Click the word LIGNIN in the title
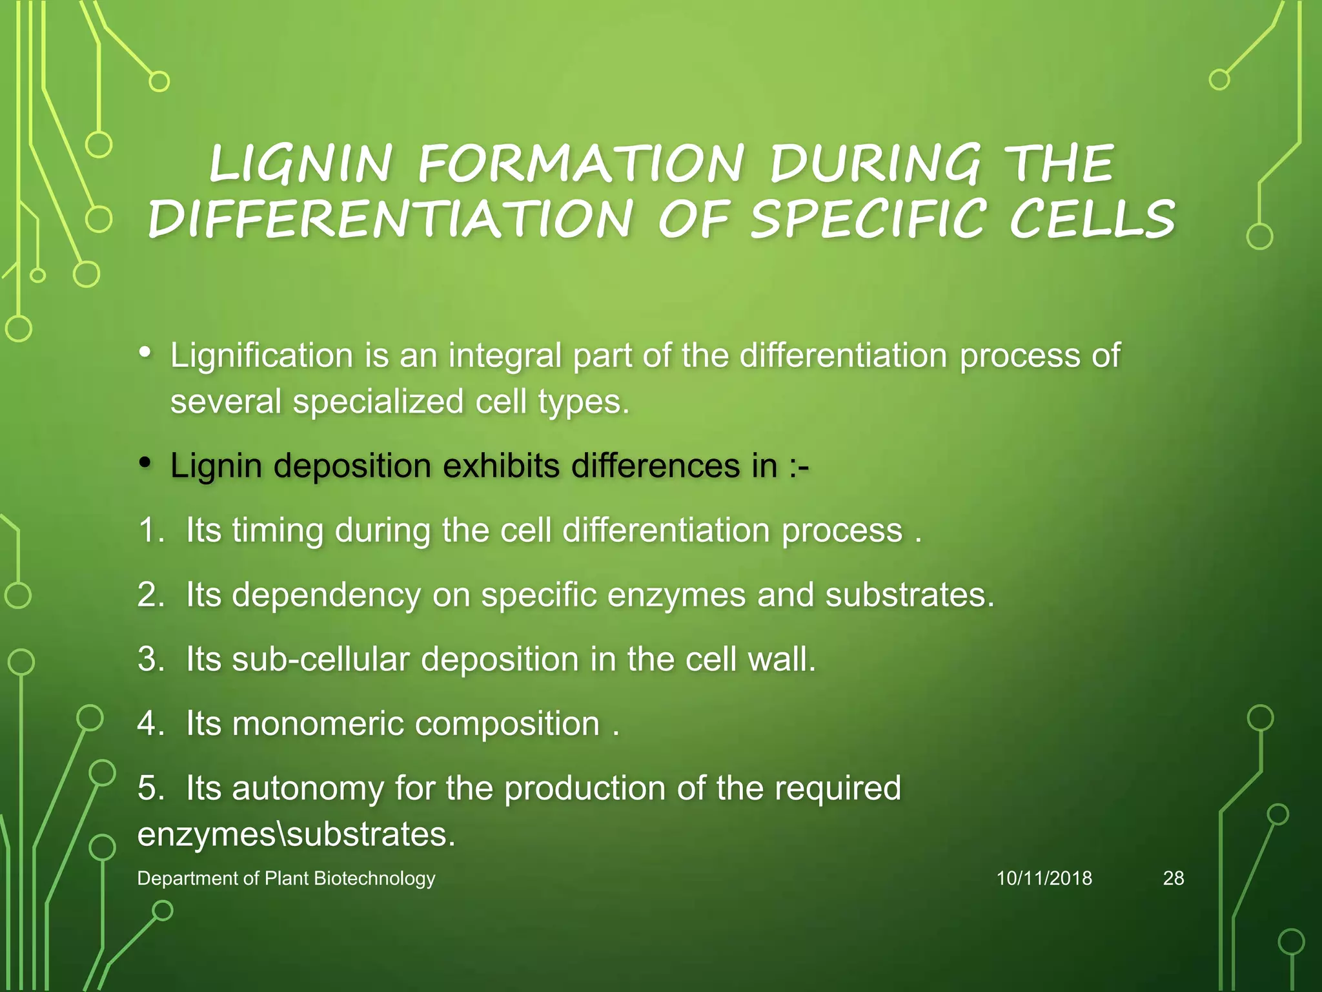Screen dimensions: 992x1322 [301, 163]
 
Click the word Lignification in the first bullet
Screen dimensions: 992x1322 [261, 356]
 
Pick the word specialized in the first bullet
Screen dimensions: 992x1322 [378, 401]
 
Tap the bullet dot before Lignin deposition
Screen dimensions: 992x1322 [146, 462]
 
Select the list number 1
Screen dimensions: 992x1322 [152, 531]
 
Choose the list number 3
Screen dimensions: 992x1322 [152, 659]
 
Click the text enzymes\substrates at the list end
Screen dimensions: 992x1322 [296, 834]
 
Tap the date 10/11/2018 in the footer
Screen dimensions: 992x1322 [1044, 878]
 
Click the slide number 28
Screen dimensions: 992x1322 [1173, 878]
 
